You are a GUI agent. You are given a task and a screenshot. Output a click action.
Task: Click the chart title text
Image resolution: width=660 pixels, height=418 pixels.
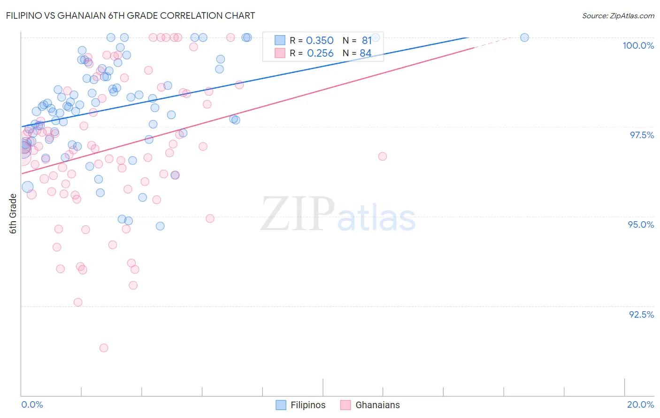(131, 15)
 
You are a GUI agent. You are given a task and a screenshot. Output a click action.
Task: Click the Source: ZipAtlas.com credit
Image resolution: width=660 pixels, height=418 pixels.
(618, 15)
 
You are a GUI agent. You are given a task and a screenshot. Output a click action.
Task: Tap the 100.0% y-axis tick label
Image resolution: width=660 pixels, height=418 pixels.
(638, 45)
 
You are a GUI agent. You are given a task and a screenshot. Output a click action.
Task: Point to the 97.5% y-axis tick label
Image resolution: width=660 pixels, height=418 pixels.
(641, 135)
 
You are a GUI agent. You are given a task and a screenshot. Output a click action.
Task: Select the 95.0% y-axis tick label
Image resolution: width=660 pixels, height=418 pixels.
(641, 224)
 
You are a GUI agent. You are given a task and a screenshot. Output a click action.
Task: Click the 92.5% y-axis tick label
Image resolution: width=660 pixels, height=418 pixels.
(641, 314)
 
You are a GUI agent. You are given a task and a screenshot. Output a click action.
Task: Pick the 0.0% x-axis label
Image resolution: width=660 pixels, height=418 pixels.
(32, 404)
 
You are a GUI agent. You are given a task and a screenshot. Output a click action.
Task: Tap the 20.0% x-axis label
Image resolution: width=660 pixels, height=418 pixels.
(640, 404)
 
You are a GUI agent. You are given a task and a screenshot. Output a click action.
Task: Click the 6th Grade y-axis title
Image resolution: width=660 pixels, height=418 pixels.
(13, 214)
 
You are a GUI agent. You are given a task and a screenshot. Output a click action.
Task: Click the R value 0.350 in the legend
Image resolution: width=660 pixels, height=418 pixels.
(320, 41)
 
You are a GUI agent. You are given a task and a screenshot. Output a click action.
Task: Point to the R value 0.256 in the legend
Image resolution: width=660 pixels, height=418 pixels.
(320, 53)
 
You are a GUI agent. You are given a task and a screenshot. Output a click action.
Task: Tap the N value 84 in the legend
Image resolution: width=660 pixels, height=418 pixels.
(365, 53)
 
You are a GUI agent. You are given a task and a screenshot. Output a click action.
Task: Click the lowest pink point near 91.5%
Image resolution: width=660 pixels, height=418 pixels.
(104, 348)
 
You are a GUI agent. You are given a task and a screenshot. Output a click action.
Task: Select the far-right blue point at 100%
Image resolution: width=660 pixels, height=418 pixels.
(524, 37)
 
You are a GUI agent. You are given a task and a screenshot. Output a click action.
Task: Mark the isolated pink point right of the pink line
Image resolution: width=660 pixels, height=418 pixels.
(383, 157)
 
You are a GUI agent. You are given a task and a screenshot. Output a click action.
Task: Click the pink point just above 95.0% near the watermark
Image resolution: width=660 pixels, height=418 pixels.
(210, 218)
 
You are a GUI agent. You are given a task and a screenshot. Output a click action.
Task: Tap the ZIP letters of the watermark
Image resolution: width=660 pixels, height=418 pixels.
(298, 214)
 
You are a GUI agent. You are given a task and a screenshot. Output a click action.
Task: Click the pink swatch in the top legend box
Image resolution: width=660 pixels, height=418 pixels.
(280, 53)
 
